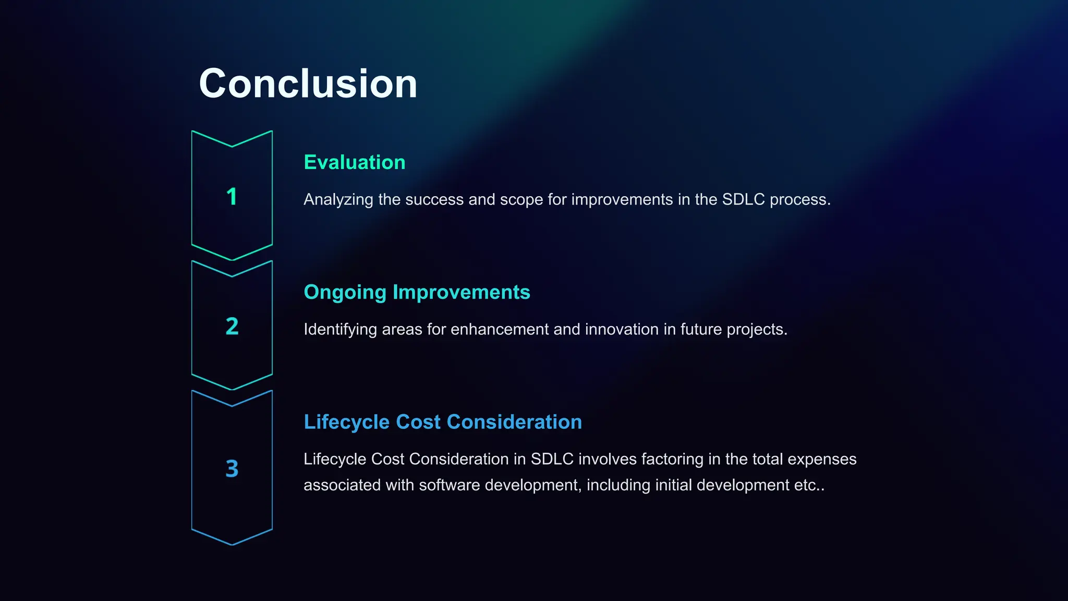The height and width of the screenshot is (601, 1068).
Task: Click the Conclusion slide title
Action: tap(308, 83)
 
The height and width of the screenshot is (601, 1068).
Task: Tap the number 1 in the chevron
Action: tap(232, 197)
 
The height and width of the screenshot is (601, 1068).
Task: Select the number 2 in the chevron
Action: tap(232, 326)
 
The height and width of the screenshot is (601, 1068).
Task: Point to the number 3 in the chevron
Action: tap(232, 468)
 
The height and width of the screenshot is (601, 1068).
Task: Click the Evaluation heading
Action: tap(355, 162)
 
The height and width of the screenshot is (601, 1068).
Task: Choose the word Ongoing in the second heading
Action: tap(345, 293)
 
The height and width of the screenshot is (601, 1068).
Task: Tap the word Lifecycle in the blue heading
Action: tap(346, 422)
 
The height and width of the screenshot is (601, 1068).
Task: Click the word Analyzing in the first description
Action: tap(338, 200)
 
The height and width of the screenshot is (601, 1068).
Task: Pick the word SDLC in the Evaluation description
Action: tap(743, 199)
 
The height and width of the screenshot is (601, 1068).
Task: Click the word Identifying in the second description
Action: tap(340, 330)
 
